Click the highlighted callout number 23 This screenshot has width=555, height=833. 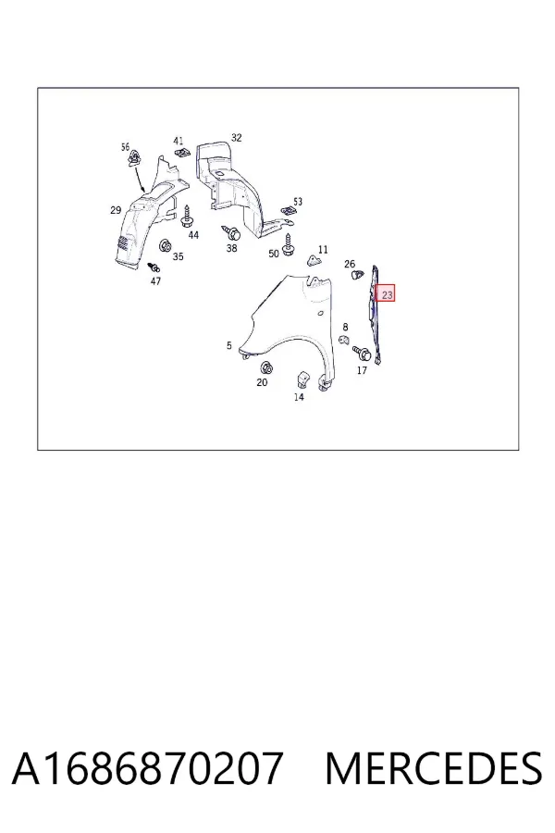[x=388, y=294]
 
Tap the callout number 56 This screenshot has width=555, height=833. [x=126, y=146]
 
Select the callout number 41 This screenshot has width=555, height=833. [x=179, y=142]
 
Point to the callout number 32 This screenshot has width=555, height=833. [x=237, y=138]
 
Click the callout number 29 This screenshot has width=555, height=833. [x=116, y=210]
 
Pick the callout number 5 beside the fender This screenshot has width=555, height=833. [x=228, y=346]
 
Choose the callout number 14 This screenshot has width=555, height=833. [x=299, y=397]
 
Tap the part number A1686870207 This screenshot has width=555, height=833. [x=146, y=768]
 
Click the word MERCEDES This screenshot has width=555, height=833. [x=434, y=768]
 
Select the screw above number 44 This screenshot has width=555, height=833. [x=187, y=217]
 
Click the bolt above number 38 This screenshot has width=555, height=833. [x=232, y=231]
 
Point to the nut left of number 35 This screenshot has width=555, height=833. [x=166, y=246]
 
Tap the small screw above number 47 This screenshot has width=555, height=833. [x=154, y=267]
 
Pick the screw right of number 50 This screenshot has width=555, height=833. [x=289, y=244]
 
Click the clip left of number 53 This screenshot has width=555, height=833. [x=288, y=210]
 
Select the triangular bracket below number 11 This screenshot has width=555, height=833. [x=314, y=260]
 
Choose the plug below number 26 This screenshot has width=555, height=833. [x=358, y=275]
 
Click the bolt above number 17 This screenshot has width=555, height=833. [x=363, y=352]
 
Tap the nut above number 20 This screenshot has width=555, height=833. [x=266, y=367]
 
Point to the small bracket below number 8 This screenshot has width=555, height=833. [x=344, y=340]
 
